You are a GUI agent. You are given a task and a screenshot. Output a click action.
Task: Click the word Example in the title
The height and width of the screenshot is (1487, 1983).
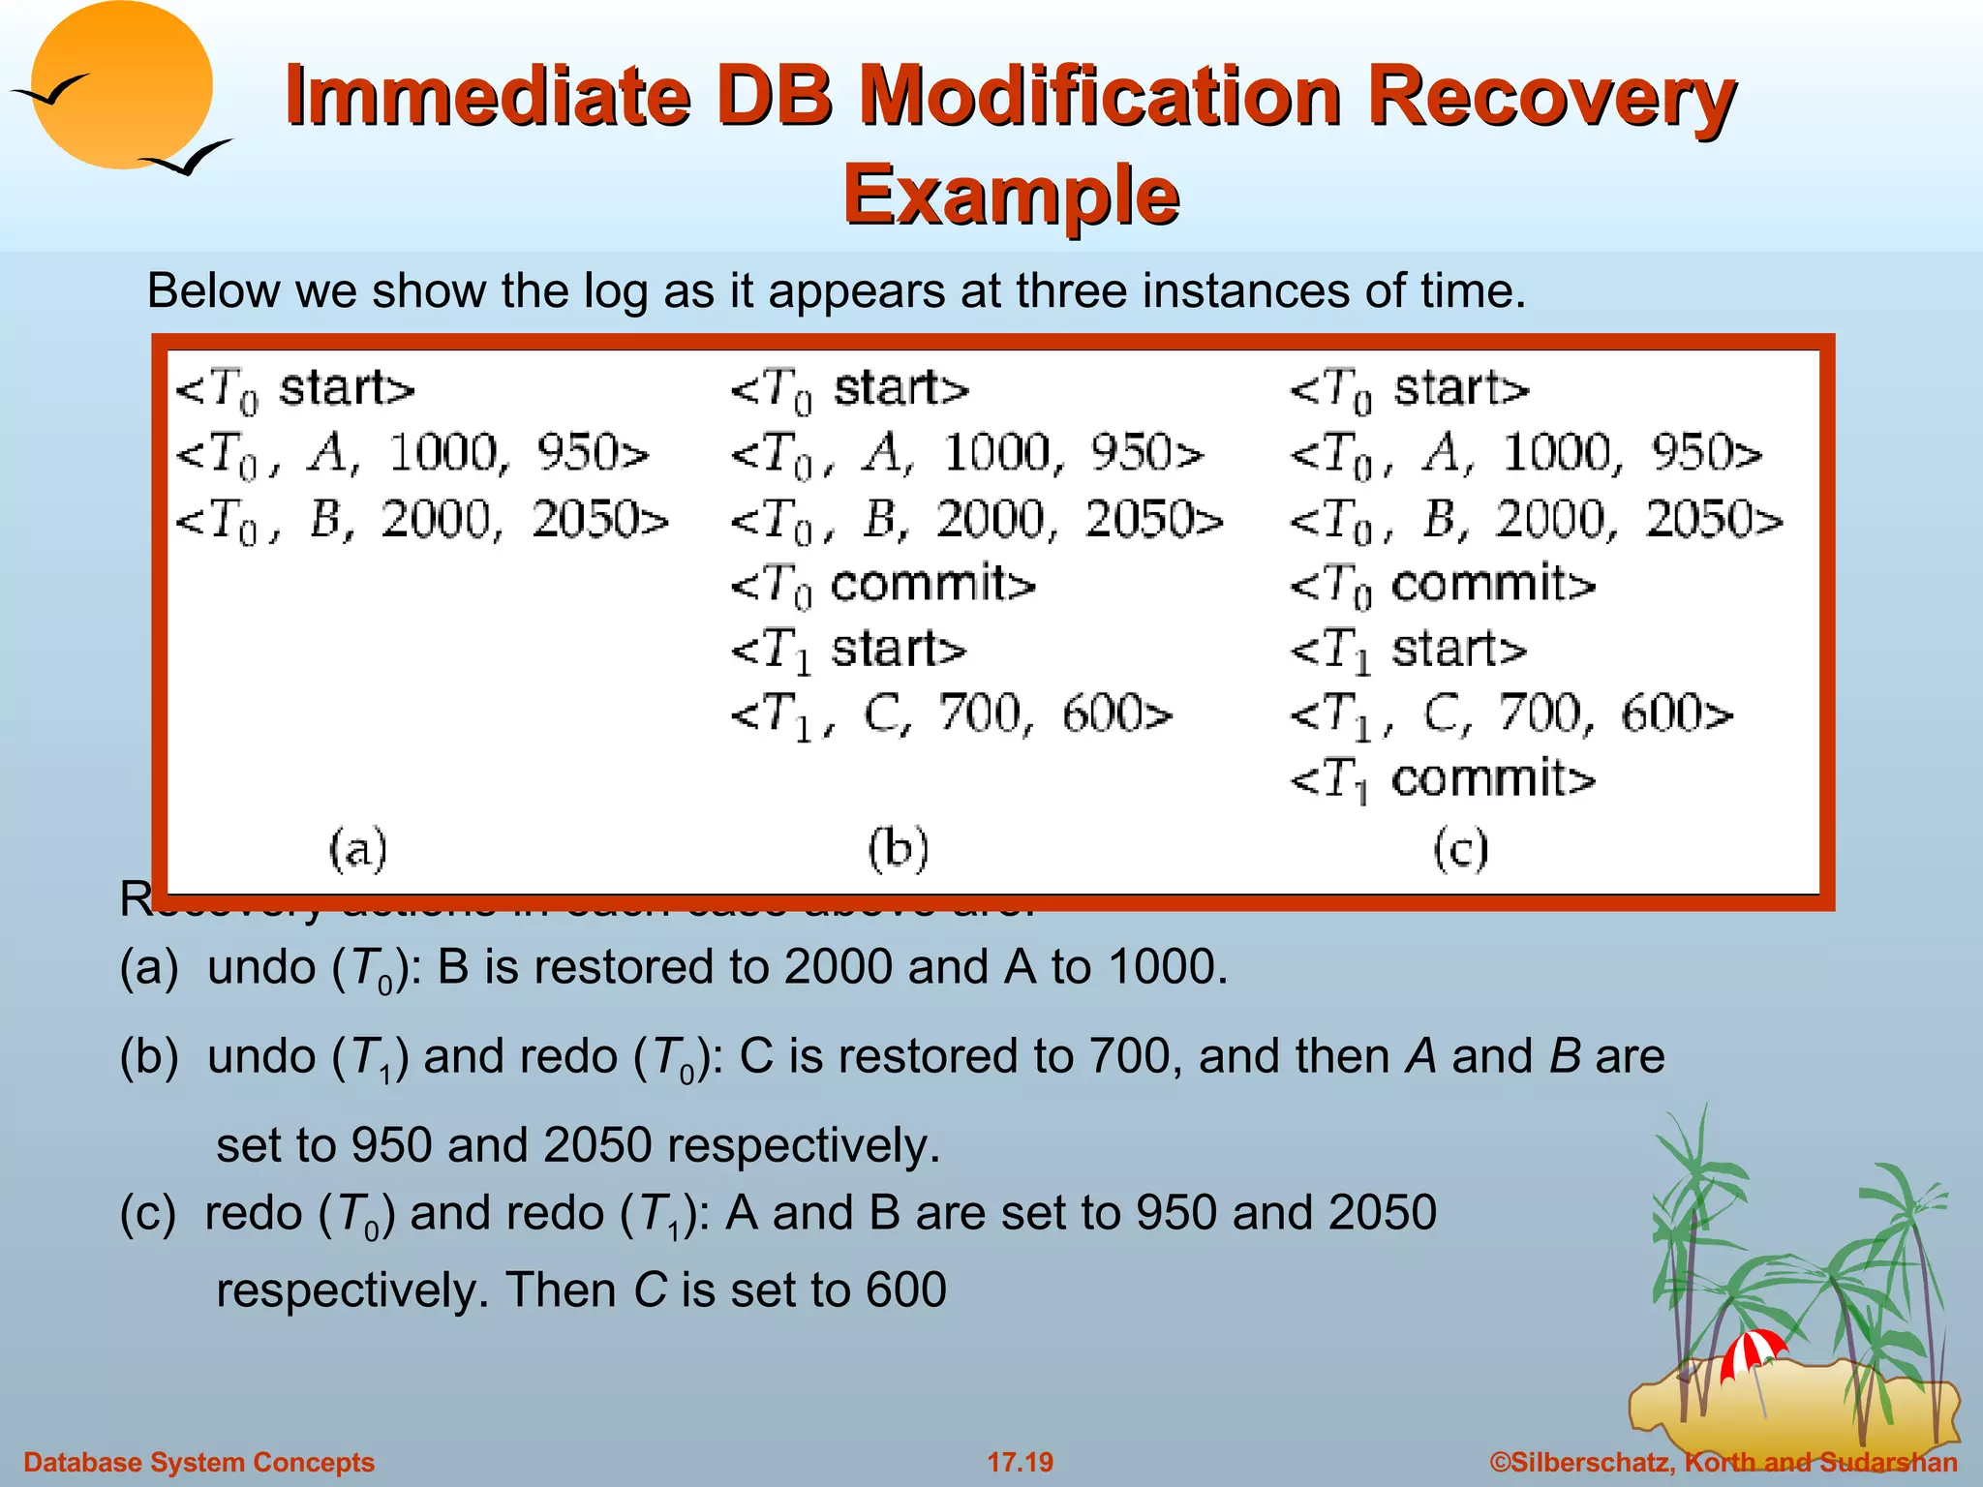[x=1011, y=194]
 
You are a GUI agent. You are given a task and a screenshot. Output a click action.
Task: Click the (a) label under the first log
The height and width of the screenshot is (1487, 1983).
[x=357, y=849]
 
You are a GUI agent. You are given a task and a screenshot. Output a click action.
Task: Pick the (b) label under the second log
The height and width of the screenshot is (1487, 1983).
[x=898, y=849]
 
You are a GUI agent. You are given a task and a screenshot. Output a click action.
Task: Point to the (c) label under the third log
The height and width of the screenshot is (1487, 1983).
[x=1460, y=849]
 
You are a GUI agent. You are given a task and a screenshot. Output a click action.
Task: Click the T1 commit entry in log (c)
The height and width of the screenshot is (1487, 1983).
[x=1442, y=779]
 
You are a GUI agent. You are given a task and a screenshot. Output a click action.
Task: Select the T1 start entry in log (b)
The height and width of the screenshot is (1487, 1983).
[x=848, y=649]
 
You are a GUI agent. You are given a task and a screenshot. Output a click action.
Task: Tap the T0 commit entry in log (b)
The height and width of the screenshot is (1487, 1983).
[x=882, y=584]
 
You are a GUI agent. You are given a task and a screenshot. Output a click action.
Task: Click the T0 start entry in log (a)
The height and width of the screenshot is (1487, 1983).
[x=294, y=389]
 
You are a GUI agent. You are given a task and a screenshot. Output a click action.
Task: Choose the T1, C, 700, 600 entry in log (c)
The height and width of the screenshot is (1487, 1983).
[x=1510, y=714]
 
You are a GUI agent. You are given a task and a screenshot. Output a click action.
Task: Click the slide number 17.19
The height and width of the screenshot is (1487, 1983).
[x=1020, y=1462]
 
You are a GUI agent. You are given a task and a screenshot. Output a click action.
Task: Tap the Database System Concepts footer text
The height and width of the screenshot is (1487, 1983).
[x=198, y=1462]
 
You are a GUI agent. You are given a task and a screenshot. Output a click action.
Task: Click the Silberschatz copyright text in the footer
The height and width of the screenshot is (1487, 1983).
[x=1724, y=1462]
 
